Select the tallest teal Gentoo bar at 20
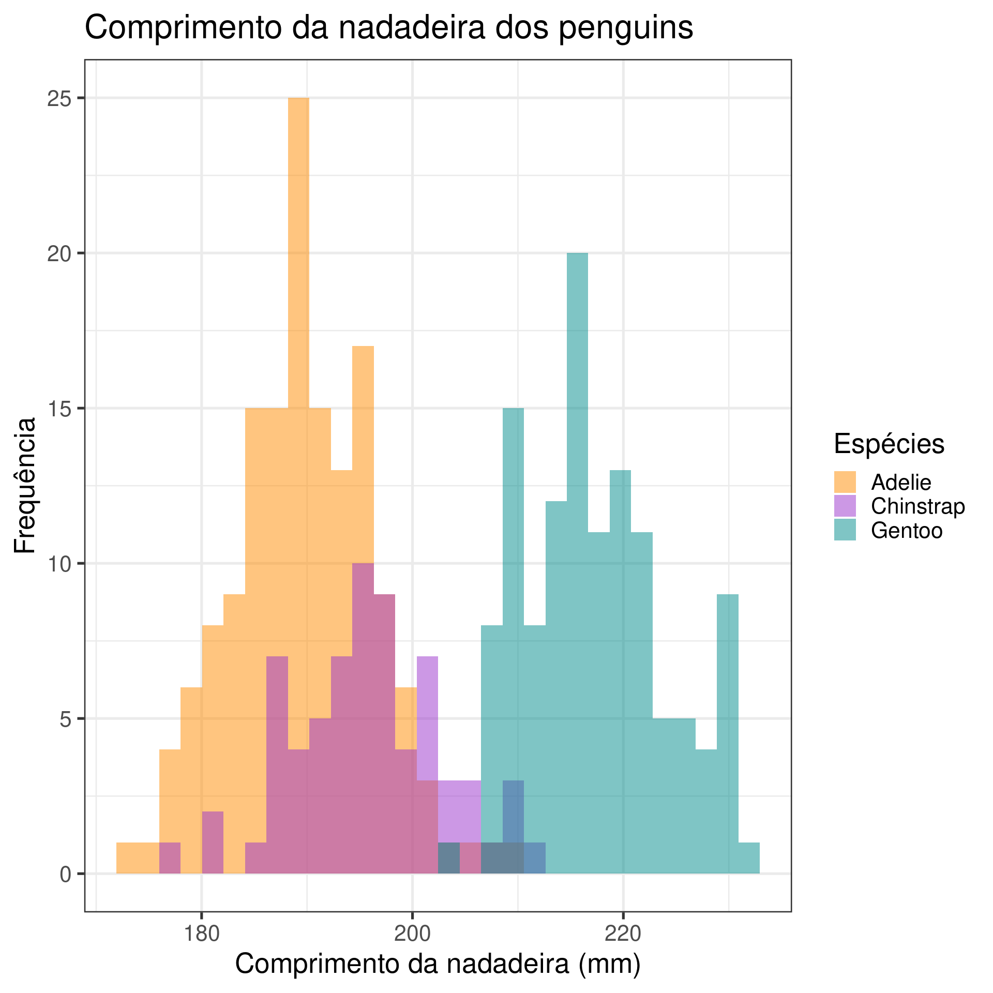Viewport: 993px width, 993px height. (577, 465)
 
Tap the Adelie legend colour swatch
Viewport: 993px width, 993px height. (845, 482)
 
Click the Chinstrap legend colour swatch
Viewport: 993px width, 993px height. (845, 506)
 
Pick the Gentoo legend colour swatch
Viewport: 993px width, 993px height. (845, 530)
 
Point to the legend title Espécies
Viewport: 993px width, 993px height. (889, 444)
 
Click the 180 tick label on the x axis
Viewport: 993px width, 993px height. (202, 933)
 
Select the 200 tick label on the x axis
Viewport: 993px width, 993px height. (412, 933)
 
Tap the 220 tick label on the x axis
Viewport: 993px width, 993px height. (623, 933)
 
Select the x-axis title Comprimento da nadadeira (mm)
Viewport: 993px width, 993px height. (438, 965)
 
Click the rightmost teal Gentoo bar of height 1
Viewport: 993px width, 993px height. (749, 859)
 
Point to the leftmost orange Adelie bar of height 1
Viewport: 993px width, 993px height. (127, 859)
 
